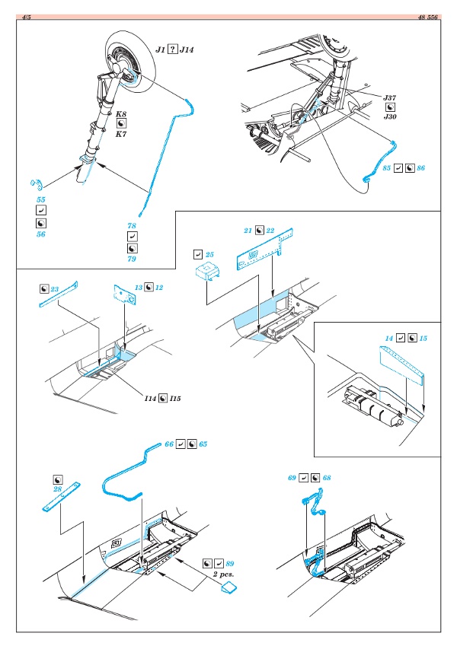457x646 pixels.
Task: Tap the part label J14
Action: pyautogui.click(x=187, y=49)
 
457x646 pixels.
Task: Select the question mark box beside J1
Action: pyautogui.click(x=173, y=49)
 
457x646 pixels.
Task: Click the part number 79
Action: pyautogui.click(x=132, y=258)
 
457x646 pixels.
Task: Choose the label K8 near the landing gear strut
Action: pyautogui.click(x=121, y=113)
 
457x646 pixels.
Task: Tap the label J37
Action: pyautogui.click(x=390, y=98)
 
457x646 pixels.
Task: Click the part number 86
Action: pyautogui.click(x=420, y=166)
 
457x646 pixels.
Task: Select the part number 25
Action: pyautogui.click(x=210, y=253)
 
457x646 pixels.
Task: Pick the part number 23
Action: pyautogui.click(x=56, y=289)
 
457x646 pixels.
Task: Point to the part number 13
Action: pyautogui.click(x=139, y=289)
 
